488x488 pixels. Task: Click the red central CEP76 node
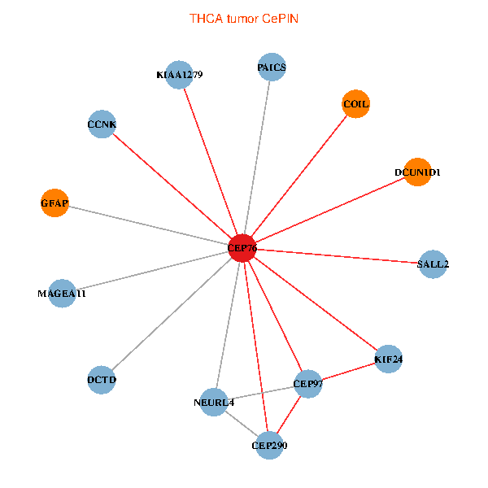242,248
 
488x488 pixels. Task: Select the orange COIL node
355,104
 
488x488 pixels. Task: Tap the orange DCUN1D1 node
417,172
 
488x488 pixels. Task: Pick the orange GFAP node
54,202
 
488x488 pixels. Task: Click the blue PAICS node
272,68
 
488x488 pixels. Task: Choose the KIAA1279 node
178,75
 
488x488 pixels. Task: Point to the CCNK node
102,124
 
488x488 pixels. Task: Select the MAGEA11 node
62,293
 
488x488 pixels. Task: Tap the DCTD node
102,379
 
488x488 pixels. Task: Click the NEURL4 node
214,402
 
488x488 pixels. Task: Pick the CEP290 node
269,445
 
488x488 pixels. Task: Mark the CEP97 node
308,383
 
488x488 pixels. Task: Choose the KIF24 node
389,359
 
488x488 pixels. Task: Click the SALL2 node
433,264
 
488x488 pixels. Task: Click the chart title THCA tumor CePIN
244,18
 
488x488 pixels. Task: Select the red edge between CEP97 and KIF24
348,371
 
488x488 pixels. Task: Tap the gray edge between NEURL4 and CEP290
242,424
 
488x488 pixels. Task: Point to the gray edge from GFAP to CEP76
146,224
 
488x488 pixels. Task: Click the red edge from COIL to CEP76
299,176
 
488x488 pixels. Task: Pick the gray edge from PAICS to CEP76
257,158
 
